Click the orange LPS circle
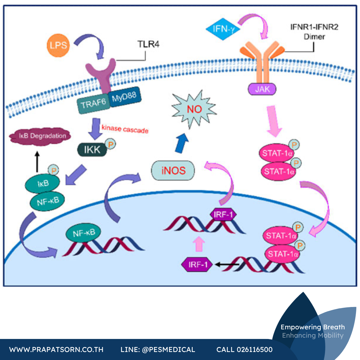[x=58, y=45]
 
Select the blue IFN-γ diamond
[x=223, y=29]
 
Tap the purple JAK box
[x=262, y=89]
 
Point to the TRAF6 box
[x=93, y=104]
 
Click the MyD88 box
[x=124, y=97]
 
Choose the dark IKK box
[x=92, y=150]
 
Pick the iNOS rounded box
[x=173, y=170]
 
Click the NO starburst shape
[x=194, y=109]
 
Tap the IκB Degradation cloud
[x=40, y=136]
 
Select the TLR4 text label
[x=148, y=44]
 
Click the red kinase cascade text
[x=125, y=129]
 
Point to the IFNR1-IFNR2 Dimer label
[x=314, y=32]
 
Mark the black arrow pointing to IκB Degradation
[x=37, y=162]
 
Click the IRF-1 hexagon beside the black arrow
[x=197, y=265]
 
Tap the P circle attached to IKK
[x=110, y=144]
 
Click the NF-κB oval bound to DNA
[x=83, y=233]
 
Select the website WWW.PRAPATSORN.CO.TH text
[x=56, y=349]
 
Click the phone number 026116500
[x=255, y=349]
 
